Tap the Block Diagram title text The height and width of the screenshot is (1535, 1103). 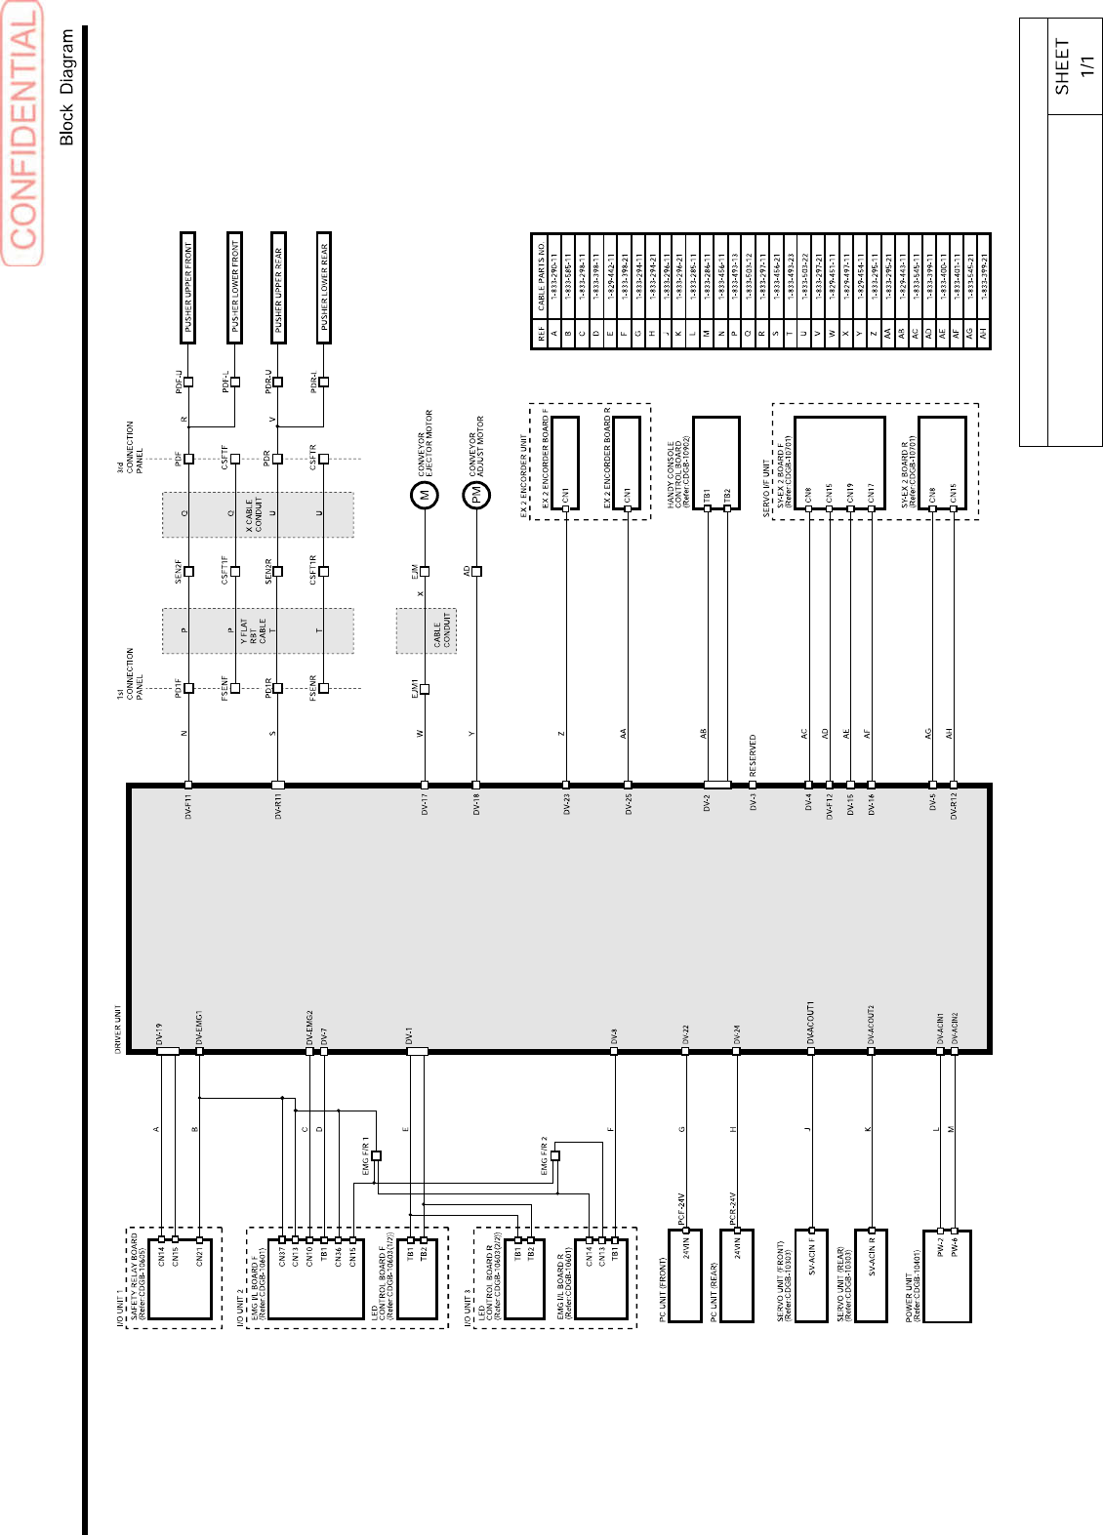coord(66,87)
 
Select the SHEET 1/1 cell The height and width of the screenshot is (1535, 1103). coord(1074,66)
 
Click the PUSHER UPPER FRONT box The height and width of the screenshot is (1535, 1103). coord(187,287)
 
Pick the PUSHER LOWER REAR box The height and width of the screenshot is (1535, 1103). coord(324,287)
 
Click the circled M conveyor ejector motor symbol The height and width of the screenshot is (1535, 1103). coord(425,495)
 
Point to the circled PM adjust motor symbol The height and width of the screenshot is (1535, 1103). coord(476,496)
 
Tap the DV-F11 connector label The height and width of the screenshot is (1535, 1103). coord(188,806)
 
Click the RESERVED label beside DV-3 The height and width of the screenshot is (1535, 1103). coord(753,755)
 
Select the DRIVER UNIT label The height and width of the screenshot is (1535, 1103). coord(119,1029)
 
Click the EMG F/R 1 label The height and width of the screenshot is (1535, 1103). coord(366,1155)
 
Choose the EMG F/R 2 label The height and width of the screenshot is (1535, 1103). coord(545,1155)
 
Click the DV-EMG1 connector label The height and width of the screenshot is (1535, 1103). coord(199,1029)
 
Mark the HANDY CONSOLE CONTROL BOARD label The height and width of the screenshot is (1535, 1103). coord(679,471)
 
